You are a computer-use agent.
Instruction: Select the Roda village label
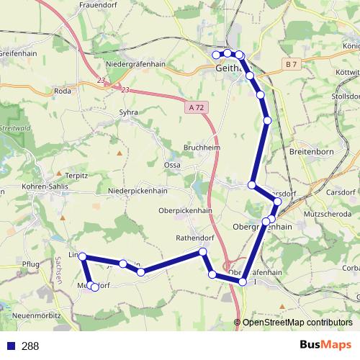[x=62, y=91]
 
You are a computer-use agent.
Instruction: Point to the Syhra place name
[x=127, y=113]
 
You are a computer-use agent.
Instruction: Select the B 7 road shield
[x=291, y=65]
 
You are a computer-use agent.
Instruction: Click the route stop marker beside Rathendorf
[x=203, y=251]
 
